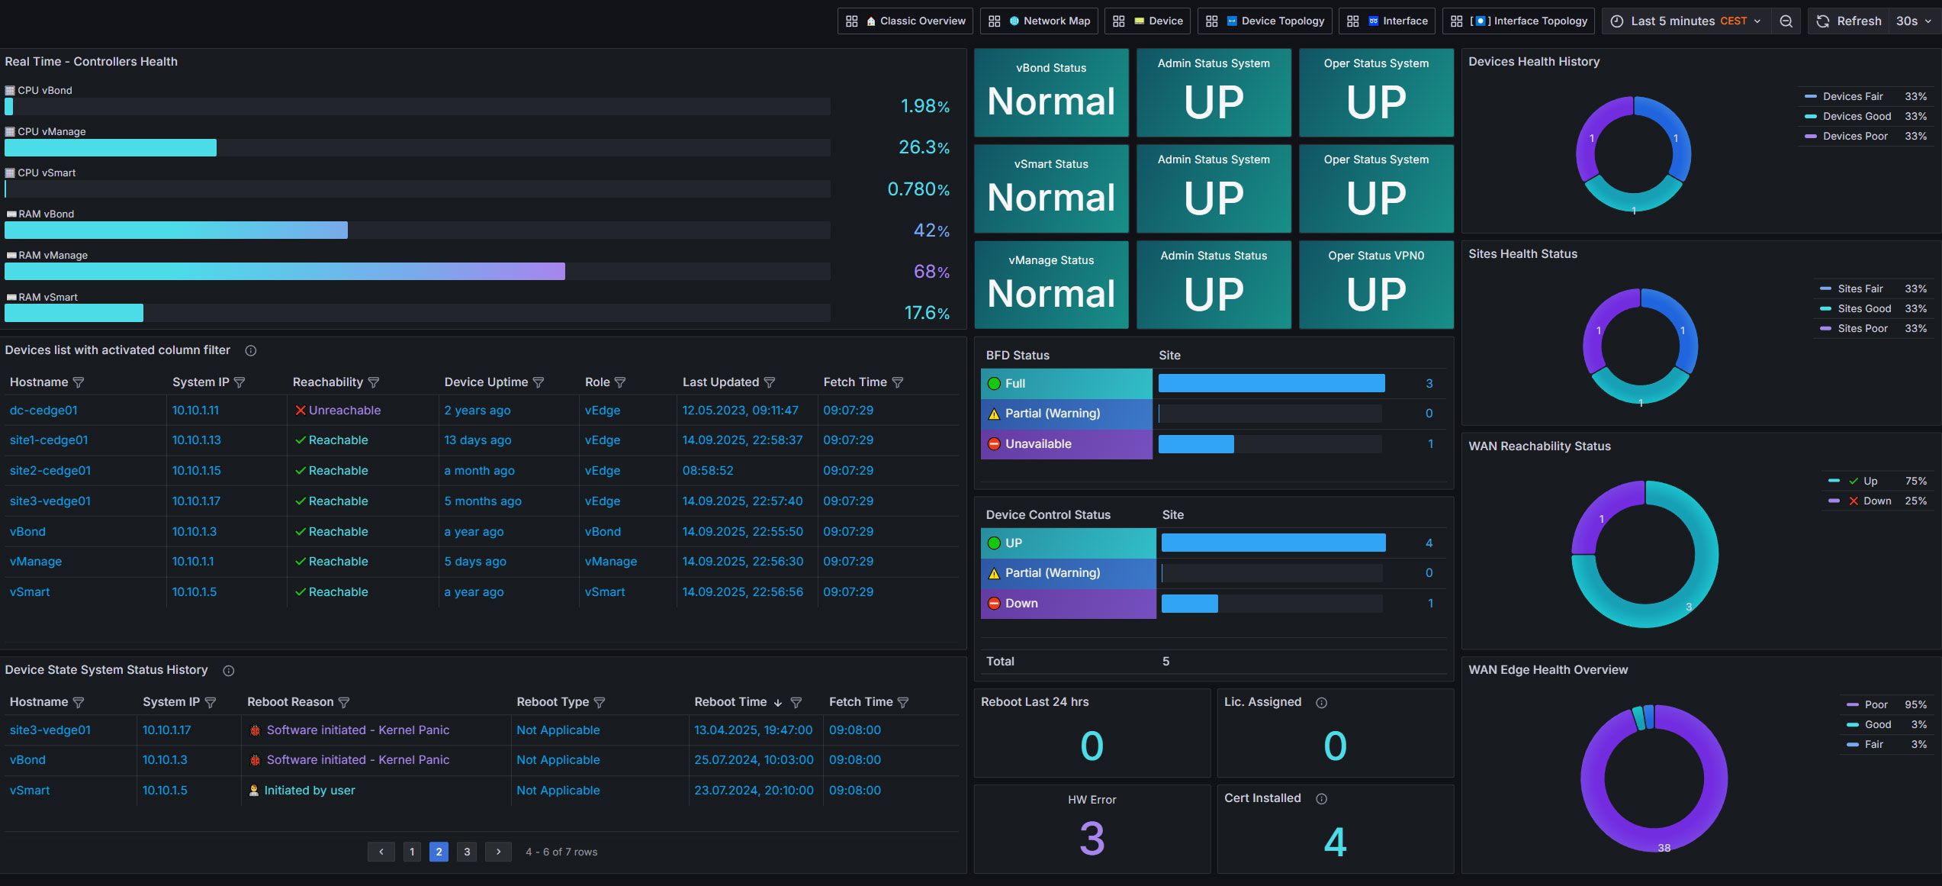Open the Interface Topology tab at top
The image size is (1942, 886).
pyautogui.click(x=1530, y=21)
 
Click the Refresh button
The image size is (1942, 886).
pyautogui.click(x=1849, y=21)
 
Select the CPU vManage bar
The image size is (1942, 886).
pyautogui.click(x=111, y=147)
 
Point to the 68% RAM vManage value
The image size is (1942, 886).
pyautogui.click(x=931, y=272)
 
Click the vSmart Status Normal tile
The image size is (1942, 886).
pyautogui.click(x=1051, y=188)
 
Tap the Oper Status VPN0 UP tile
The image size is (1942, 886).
pyautogui.click(x=1375, y=285)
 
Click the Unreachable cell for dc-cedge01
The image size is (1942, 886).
pyautogui.click(x=344, y=411)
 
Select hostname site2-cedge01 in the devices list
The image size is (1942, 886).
pyautogui.click(x=50, y=471)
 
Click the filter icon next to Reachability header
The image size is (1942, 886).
pyautogui.click(x=374, y=382)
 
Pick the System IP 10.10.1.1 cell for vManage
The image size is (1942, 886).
pyautogui.click(x=193, y=562)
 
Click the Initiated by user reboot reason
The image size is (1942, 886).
pyautogui.click(x=309, y=791)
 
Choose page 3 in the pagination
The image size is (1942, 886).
pyautogui.click(x=467, y=852)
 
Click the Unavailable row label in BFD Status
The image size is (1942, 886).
pyautogui.click(x=1037, y=444)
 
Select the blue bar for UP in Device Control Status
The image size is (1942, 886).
pyautogui.click(x=1273, y=543)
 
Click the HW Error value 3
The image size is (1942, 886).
pyautogui.click(x=1092, y=838)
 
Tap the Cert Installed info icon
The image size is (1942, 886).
pyautogui.click(x=1322, y=798)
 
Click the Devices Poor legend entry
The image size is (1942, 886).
pyautogui.click(x=1854, y=136)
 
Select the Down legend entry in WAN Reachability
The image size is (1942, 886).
pyautogui.click(x=1876, y=501)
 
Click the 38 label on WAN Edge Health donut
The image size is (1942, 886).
pyautogui.click(x=1664, y=848)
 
